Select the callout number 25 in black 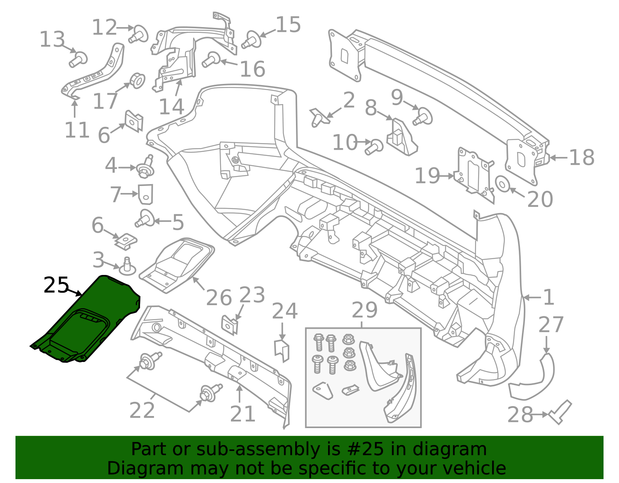[56, 285]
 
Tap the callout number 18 [581, 158]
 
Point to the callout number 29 [364, 311]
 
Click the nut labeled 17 [137, 80]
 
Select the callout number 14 [171, 107]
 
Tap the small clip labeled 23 [229, 324]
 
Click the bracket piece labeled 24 [282, 350]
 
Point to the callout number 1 [549, 297]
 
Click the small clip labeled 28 [560, 412]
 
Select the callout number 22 [142, 410]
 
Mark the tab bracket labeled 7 [145, 194]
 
